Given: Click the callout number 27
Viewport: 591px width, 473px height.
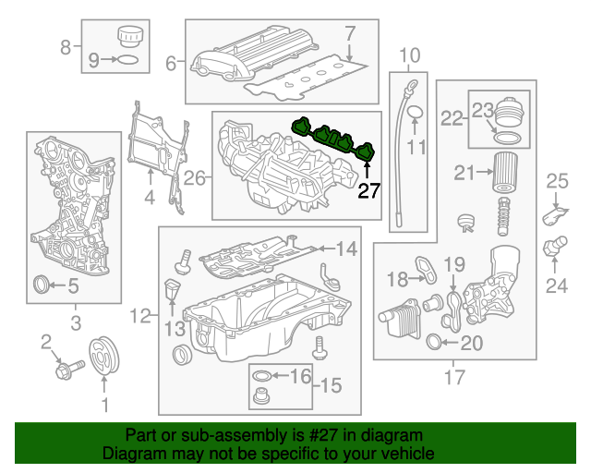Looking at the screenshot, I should pos(368,191).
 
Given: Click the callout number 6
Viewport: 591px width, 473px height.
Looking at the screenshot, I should pos(170,64).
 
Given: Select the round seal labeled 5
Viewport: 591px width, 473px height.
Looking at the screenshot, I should pos(42,284).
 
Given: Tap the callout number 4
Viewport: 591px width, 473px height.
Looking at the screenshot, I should pos(149,197).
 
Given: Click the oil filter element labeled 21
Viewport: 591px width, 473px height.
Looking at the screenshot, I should pos(503,175).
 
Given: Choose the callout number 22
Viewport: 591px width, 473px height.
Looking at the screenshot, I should pos(452,117).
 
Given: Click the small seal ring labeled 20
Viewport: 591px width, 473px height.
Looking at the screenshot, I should pos(436,345).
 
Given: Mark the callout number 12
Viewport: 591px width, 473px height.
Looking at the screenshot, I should pos(139,317).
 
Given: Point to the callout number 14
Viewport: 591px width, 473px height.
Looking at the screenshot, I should pos(345,248).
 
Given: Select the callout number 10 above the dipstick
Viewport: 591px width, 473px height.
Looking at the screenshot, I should pos(409,55).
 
